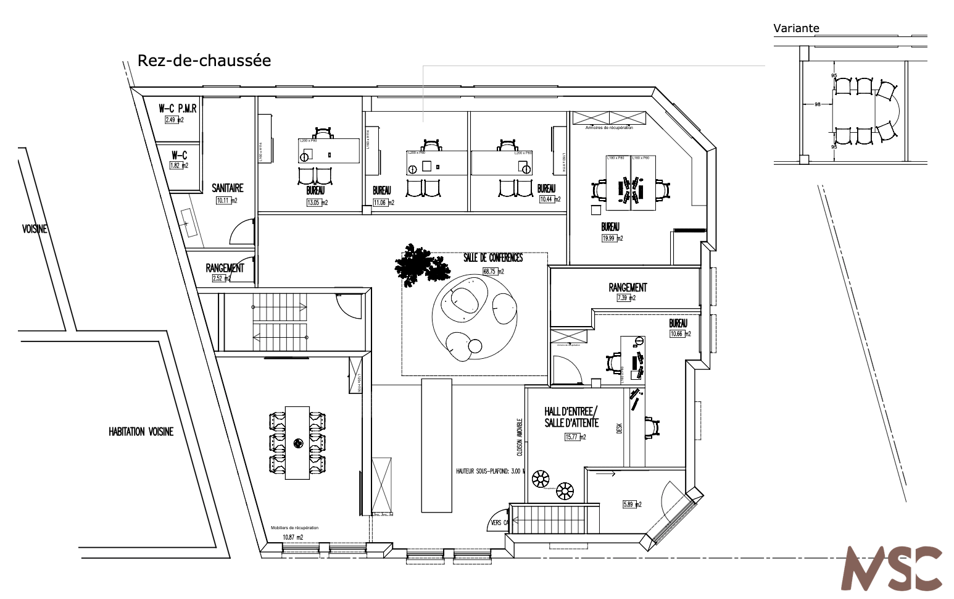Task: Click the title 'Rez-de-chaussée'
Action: click(x=204, y=61)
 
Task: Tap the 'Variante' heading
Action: click(x=796, y=28)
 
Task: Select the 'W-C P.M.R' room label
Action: click(x=178, y=109)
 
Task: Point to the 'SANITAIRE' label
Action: click(x=227, y=188)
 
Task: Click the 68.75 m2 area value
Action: click(x=493, y=271)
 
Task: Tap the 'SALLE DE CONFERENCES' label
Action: click(x=493, y=258)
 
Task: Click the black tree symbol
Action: click(x=422, y=265)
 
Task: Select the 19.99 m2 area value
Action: click(x=612, y=238)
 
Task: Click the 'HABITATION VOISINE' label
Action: click(x=141, y=432)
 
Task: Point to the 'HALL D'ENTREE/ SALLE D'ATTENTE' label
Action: click(x=571, y=417)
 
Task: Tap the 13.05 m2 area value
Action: click(x=317, y=203)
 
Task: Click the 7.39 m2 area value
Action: click(x=626, y=298)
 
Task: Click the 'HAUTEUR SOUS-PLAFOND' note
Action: click(x=490, y=471)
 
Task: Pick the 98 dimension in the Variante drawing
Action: click(x=818, y=104)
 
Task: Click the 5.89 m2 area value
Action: click(x=632, y=505)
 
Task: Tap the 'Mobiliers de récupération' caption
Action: click(x=294, y=527)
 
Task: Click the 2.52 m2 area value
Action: click(x=220, y=279)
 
